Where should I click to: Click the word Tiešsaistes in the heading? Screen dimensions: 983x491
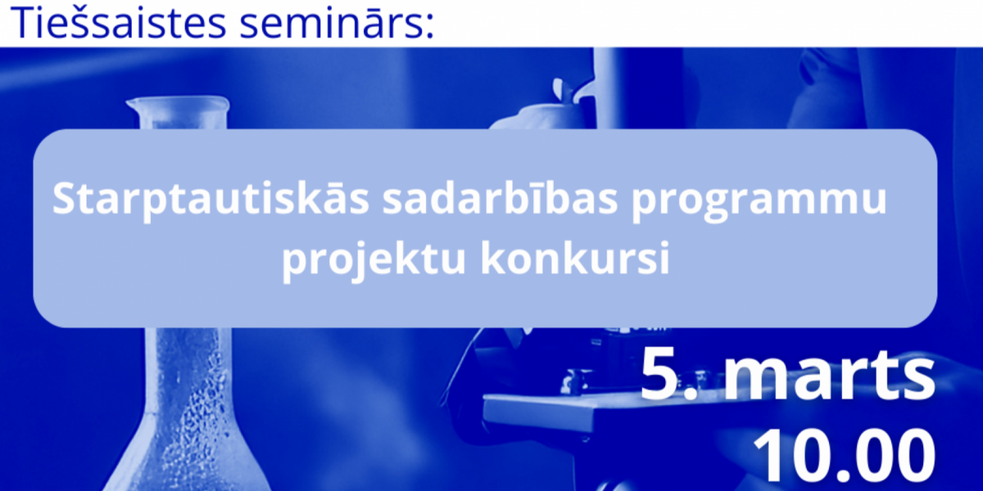(119, 21)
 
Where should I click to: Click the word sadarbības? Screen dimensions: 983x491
(500, 197)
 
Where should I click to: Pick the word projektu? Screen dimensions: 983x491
(374, 259)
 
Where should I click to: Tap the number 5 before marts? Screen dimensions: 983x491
(661, 375)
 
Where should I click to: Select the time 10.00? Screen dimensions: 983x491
(844, 456)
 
